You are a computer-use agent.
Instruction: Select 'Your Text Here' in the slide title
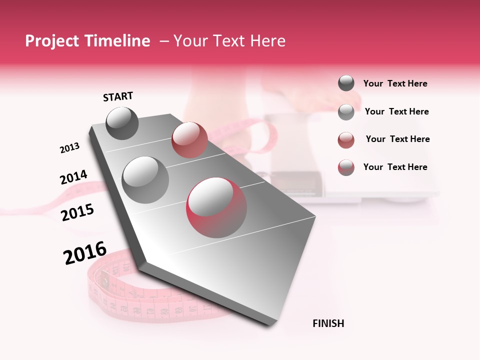coord(229,41)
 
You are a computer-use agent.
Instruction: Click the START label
coord(118,96)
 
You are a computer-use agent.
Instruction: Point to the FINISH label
coord(328,323)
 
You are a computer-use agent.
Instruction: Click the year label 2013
coord(70,148)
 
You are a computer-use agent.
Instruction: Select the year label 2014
coord(74,177)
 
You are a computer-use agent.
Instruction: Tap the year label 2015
coord(77,212)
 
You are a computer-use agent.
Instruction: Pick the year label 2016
coord(85,253)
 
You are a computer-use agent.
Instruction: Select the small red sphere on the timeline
coord(189,140)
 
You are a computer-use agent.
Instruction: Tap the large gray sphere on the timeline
coord(145,179)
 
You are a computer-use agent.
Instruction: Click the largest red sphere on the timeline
coord(216,207)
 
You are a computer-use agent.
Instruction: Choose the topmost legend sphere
coord(346,83)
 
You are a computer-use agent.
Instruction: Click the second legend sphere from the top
coord(346,112)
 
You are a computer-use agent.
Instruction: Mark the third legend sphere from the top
coord(346,140)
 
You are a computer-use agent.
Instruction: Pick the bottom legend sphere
coord(346,167)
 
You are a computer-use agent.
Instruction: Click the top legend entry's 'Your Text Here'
coord(395,83)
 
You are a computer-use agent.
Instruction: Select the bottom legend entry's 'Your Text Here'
coord(395,167)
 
